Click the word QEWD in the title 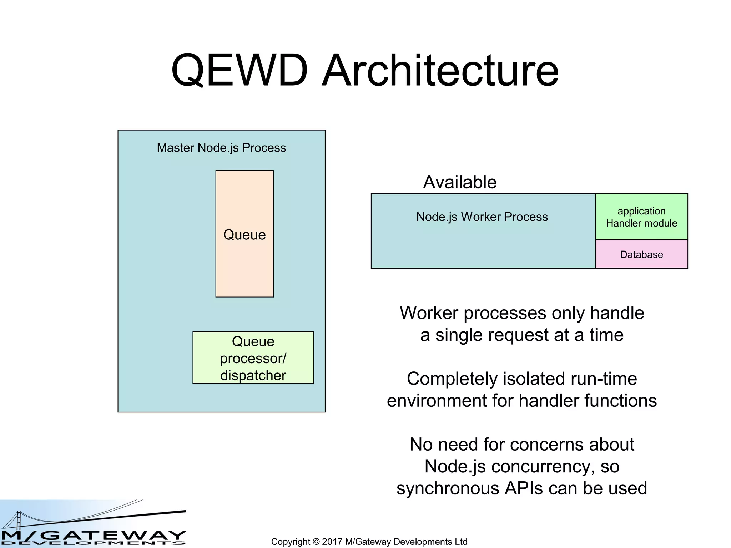tap(239, 70)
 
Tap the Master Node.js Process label tap(221, 148)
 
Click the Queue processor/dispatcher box tap(253, 357)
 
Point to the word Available tap(460, 182)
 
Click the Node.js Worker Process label tap(482, 217)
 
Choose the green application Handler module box tap(641, 217)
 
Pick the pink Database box tap(641, 254)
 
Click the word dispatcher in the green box tap(253, 375)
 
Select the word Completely tap(452, 379)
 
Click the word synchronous tap(448, 488)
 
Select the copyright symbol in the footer tap(316, 542)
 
